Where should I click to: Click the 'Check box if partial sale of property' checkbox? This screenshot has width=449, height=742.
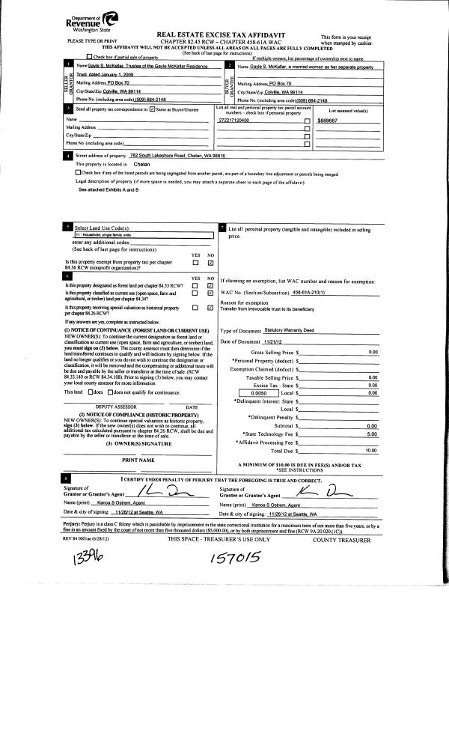tap(90, 57)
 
